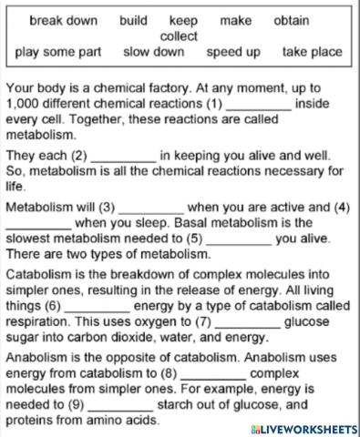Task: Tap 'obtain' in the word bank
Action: (291, 20)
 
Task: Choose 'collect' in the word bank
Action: (179, 36)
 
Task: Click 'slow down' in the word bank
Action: (153, 52)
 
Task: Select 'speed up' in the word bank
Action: (232, 52)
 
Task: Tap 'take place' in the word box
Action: (313, 52)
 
